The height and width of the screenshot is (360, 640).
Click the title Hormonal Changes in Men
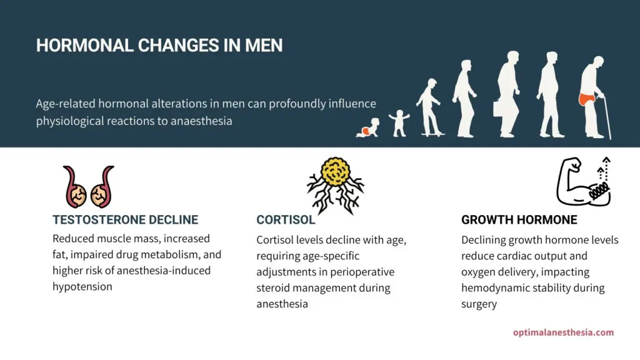159,45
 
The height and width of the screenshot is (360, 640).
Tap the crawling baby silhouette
367,127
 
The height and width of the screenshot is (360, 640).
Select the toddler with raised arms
399,123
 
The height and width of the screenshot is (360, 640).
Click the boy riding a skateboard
429,107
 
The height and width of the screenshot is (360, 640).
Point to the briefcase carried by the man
500,108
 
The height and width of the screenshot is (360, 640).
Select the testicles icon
89,187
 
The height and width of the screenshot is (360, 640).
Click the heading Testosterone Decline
125,219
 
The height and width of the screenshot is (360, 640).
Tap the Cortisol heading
286,219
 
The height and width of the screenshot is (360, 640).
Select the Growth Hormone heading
519,219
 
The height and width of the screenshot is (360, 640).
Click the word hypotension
82,286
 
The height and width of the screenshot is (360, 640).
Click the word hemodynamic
491,287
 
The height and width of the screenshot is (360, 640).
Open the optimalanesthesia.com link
563,332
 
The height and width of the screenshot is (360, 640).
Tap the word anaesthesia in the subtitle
201,121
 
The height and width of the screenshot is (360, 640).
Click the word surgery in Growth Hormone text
479,304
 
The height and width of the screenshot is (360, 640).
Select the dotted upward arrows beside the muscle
604,169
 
